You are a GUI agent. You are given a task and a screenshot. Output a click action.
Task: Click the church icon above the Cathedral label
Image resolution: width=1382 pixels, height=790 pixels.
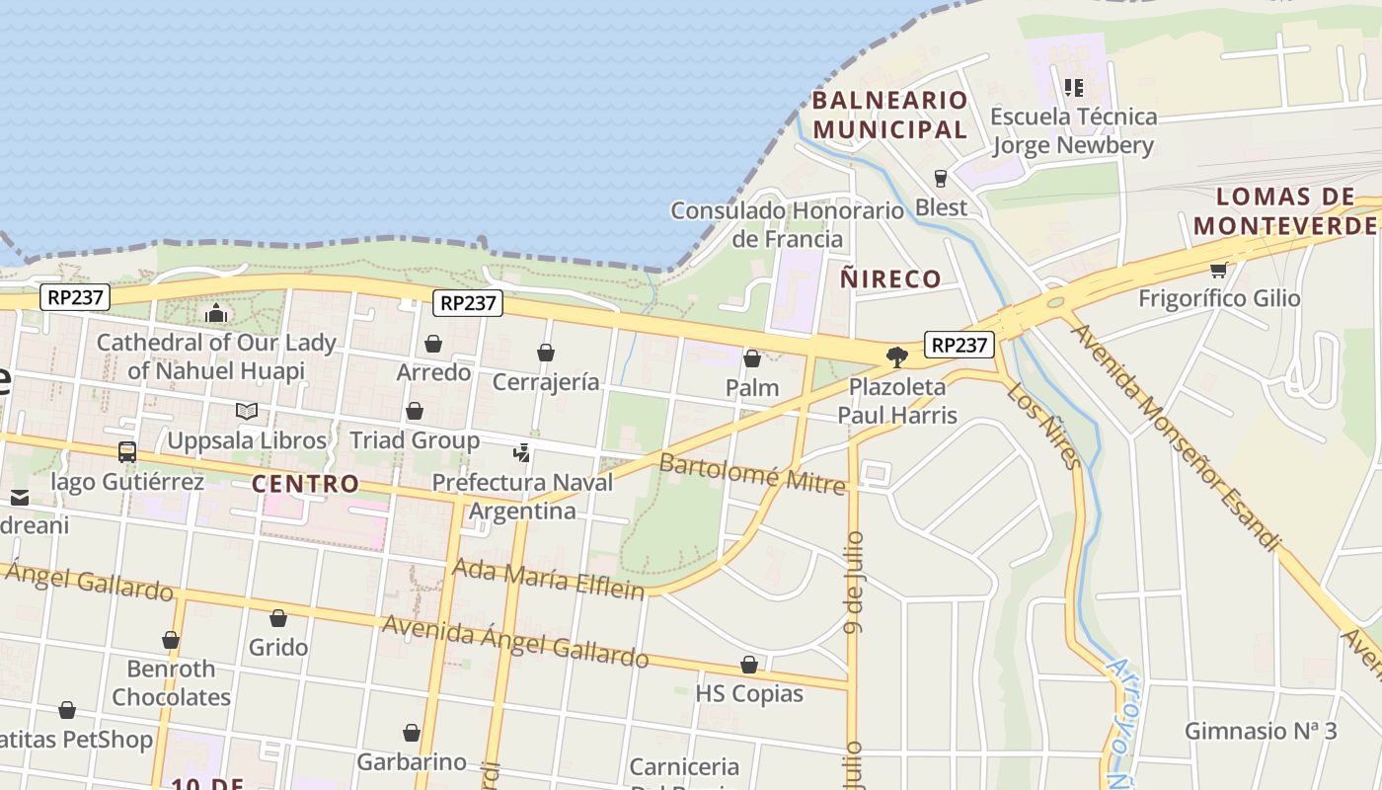click(x=216, y=314)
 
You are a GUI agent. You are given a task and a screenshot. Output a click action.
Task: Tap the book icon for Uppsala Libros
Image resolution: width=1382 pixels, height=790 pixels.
click(x=247, y=411)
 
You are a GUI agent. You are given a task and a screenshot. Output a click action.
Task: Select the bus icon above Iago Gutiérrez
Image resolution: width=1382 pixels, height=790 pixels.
click(x=127, y=452)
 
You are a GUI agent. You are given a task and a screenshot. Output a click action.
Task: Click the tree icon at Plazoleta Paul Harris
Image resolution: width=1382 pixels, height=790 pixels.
click(x=897, y=356)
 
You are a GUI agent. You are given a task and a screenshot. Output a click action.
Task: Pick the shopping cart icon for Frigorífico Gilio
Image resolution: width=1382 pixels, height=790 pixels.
click(x=1218, y=270)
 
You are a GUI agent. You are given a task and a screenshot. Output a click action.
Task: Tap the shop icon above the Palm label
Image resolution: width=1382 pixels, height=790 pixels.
click(x=752, y=358)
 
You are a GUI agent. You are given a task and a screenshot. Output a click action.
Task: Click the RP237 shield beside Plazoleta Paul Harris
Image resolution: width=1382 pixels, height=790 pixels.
click(x=960, y=345)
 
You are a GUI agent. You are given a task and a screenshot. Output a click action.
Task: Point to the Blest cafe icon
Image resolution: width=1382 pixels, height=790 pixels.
click(x=941, y=179)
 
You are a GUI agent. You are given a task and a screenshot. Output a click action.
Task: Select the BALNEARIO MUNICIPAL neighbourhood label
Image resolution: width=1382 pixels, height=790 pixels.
click(x=889, y=115)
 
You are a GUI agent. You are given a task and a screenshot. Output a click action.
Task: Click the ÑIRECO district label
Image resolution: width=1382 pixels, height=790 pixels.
click(x=890, y=279)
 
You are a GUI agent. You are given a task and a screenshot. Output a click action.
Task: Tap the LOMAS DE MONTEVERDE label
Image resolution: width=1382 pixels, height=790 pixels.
click(x=1285, y=211)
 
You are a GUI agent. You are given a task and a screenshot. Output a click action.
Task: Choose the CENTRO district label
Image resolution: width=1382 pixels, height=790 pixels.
click(x=305, y=484)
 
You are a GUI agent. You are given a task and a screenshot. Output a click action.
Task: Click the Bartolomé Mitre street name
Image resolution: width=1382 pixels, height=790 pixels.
click(x=752, y=473)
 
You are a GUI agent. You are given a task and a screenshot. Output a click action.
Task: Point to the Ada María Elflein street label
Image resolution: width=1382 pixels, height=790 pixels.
click(x=548, y=579)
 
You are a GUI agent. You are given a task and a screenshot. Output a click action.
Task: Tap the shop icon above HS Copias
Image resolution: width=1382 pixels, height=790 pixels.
click(x=749, y=665)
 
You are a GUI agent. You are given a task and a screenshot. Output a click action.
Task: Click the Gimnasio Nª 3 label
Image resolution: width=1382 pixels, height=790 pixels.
click(x=1261, y=731)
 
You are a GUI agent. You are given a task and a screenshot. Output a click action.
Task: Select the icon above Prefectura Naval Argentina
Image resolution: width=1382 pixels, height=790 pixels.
click(x=521, y=454)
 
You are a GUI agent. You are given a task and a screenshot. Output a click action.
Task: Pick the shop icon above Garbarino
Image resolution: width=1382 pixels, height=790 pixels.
click(x=412, y=733)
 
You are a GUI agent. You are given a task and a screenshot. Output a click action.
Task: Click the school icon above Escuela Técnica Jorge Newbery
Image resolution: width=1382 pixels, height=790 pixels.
click(x=1073, y=88)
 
